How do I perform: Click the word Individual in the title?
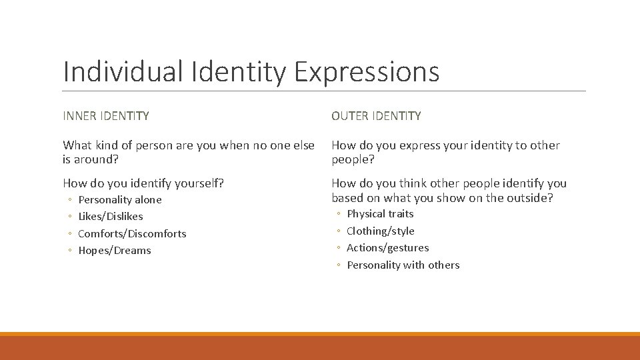tap(123, 72)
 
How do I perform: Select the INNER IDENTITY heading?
tap(106, 116)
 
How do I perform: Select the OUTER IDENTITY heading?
tap(376, 116)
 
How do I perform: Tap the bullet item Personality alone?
tap(120, 200)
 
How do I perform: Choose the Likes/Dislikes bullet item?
tap(111, 217)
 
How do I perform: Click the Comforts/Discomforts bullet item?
tap(132, 234)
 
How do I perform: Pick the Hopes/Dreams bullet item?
tap(115, 251)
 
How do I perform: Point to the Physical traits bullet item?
tap(380, 214)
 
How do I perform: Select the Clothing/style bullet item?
tap(381, 231)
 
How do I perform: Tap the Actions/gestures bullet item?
tap(388, 248)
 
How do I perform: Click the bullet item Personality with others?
tap(403, 265)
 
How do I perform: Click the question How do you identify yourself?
tap(143, 183)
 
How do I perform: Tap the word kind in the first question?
tap(109, 145)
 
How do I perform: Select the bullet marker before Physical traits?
tap(338, 215)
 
